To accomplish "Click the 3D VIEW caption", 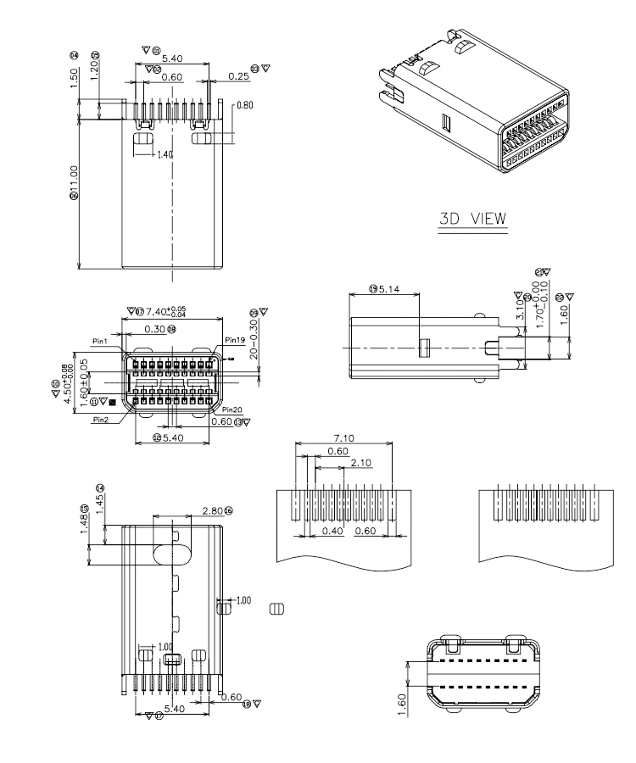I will tap(472, 219).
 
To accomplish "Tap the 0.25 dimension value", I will tap(238, 77).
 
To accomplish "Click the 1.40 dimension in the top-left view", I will tap(165, 155).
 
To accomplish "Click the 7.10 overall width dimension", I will tap(343, 438).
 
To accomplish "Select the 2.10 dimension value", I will tap(361, 464).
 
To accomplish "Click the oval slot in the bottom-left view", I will tap(170, 554).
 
